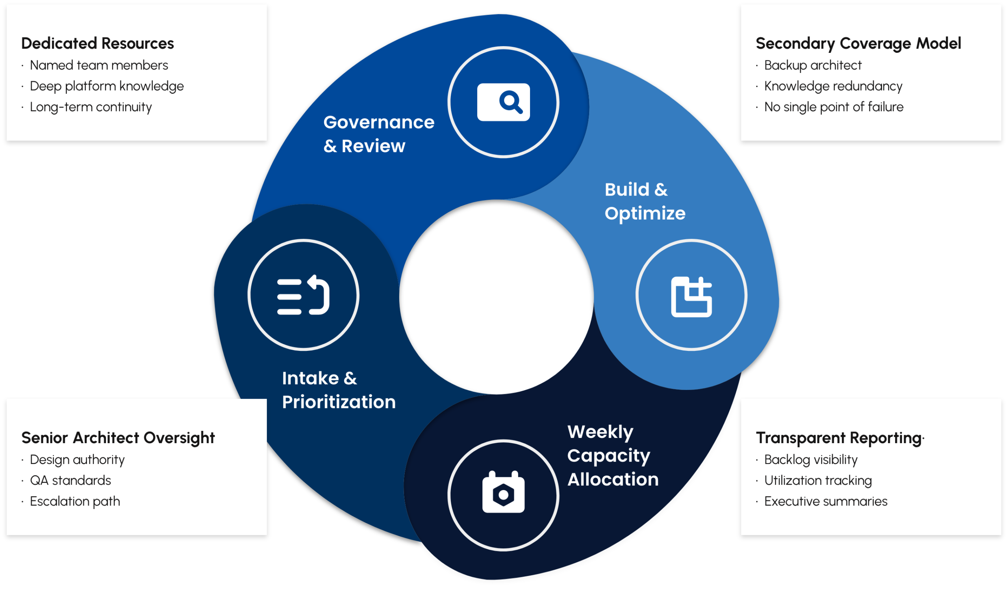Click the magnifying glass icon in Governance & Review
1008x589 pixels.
504,102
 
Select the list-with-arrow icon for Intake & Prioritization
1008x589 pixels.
303,296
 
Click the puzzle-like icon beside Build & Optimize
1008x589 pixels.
691,297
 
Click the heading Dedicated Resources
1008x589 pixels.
97,43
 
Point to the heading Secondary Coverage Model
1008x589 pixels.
858,43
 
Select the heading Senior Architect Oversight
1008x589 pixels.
118,438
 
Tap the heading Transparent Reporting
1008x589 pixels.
839,438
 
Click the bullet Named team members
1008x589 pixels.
99,65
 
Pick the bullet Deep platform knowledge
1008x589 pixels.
107,86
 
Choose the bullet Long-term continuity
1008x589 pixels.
91,107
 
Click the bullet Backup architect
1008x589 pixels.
812,65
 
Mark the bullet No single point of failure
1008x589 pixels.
834,107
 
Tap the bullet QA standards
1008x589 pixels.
70,481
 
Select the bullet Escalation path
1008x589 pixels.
75,501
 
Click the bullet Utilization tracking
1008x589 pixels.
817,481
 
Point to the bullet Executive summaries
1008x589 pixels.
826,501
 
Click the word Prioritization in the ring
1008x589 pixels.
339,402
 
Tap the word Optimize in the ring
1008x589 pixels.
645,213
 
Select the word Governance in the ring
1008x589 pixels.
379,122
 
